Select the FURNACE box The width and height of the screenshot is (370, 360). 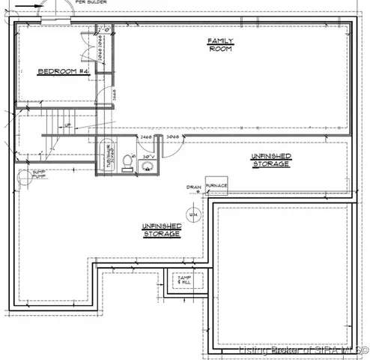tap(216, 185)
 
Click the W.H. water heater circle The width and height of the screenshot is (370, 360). tap(192, 215)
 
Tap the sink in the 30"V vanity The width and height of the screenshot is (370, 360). tap(146, 166)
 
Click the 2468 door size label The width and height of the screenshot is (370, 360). tap(146, 137)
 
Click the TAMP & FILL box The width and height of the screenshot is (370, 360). tap(184, 280)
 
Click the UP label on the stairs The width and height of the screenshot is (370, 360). tap(67, 125)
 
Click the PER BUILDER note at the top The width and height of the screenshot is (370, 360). tap(91, 3)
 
